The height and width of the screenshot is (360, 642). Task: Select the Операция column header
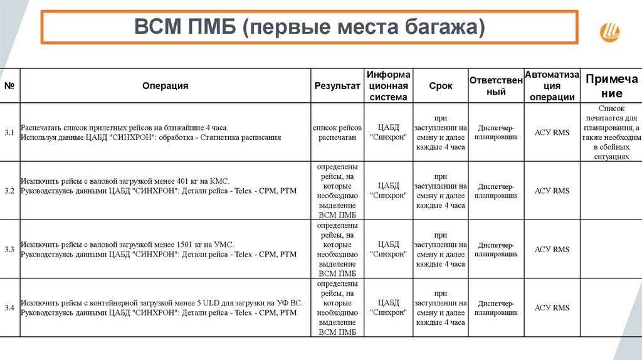[x=165, y=86]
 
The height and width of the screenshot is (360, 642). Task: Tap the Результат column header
[x=337, y=86]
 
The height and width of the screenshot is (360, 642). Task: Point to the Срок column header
[x=440, y=86]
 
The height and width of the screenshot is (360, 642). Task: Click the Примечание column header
[x=612, y=86]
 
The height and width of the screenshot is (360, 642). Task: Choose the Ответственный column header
[x=496, y=86]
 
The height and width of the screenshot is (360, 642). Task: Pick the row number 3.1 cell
[x=9, y=132]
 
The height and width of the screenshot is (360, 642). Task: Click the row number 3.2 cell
[x=9, y=191]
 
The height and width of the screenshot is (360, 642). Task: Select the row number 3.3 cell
[x=9, y=250]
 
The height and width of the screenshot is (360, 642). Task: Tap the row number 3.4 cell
[x=9, y=308]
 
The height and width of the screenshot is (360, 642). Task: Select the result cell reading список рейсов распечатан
[x=337, y=132]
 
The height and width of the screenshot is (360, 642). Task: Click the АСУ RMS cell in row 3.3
[x=552, y=250]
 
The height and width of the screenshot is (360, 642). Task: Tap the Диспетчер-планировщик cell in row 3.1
[x=496, y=132]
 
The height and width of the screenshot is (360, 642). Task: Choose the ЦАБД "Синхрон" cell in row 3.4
[x=388, y=308]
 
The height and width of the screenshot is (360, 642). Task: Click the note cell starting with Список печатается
[x=612, y=132]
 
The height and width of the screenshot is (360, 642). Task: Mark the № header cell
[x=9, y=86]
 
